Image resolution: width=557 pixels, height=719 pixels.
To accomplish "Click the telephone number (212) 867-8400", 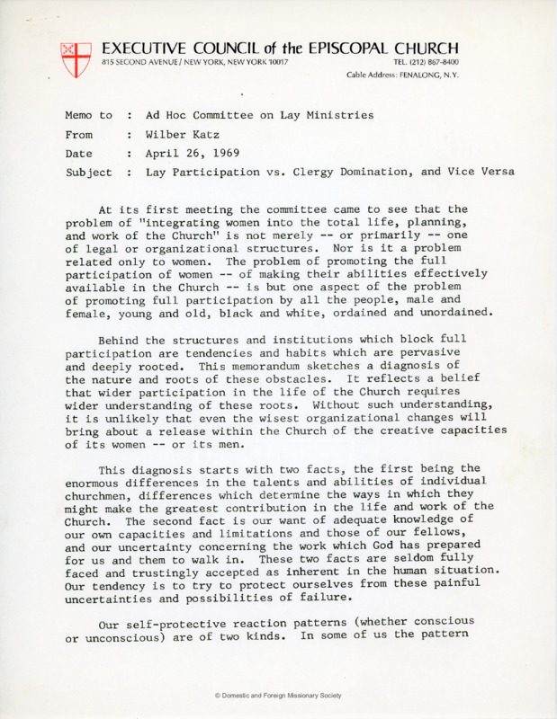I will [x=427, y=61].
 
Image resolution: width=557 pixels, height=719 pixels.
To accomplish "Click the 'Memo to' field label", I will [x=88, y=116].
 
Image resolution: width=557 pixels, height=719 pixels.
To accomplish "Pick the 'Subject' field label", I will [x=88, y=173].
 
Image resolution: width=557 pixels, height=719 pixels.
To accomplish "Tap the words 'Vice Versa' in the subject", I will [x=480, y=173].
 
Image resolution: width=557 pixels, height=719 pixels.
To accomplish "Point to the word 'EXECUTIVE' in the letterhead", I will [x=147, y=47].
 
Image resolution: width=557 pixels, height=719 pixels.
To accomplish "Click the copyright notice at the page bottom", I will [x=278, y=696].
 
